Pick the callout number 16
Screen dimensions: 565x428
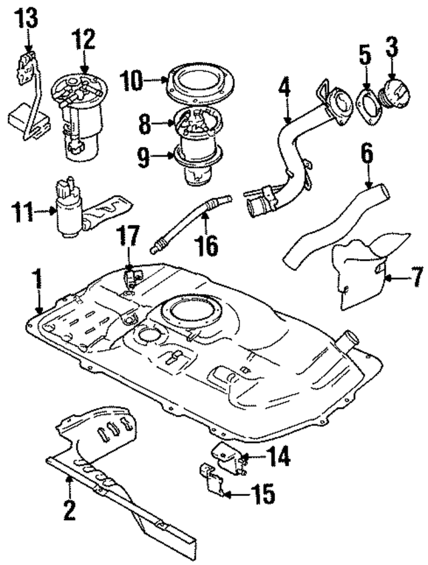(x=207, y=246)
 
